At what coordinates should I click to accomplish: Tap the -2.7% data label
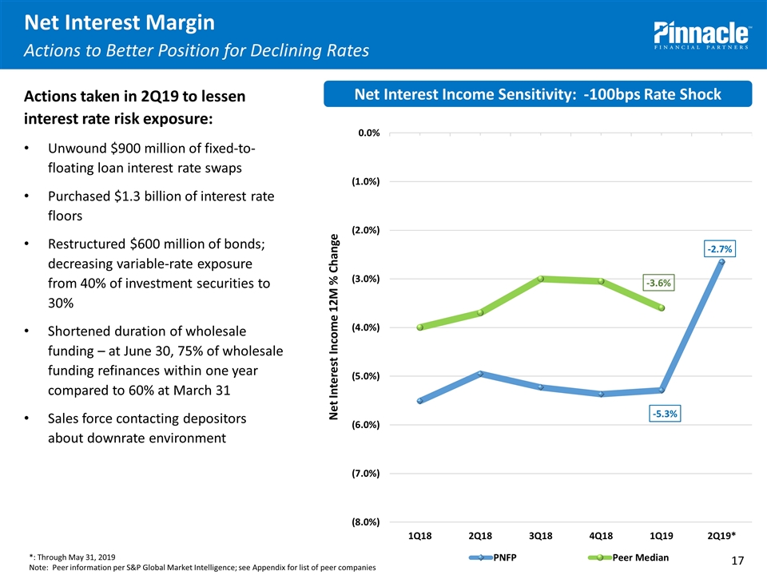click(x=719, y=250)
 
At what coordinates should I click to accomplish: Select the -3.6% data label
click(x=659, y=282)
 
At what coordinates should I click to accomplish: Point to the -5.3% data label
click(x=664, y=414)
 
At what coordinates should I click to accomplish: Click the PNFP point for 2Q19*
click(x=721, y=262)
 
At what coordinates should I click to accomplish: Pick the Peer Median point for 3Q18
click(x=541, y=279)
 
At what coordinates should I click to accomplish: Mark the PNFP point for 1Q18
click(x=420, y=401)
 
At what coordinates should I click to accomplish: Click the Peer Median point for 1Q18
click(x=420, y=327)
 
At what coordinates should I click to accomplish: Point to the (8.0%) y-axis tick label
click(x=364, y=522)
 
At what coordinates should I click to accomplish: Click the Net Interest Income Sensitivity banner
click(x=538, y=94)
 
